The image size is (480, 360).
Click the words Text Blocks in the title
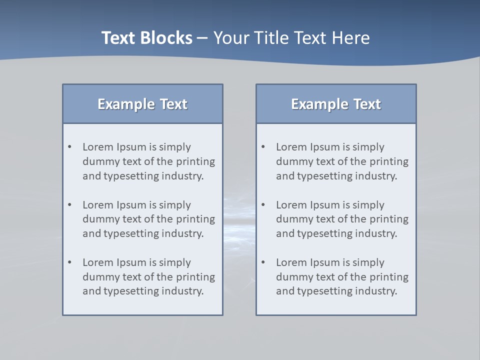click(146, 38)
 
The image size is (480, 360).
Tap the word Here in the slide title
click(352, 38)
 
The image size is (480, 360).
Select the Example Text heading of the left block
click(142, 104)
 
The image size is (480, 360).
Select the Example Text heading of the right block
click(336, 104)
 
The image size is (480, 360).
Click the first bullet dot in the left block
click(70, 147)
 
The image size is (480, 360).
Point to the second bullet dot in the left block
click(70, 205)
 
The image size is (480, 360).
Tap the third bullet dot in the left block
click(70, 262)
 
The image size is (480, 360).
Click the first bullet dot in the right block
click(263, 147)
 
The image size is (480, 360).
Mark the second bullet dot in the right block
click(263, 205)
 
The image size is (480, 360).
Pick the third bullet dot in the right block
click(263, 262)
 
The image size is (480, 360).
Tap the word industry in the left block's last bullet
click(183, 291)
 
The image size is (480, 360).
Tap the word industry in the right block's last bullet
click(377, 291)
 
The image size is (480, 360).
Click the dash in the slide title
click(202, 38)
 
